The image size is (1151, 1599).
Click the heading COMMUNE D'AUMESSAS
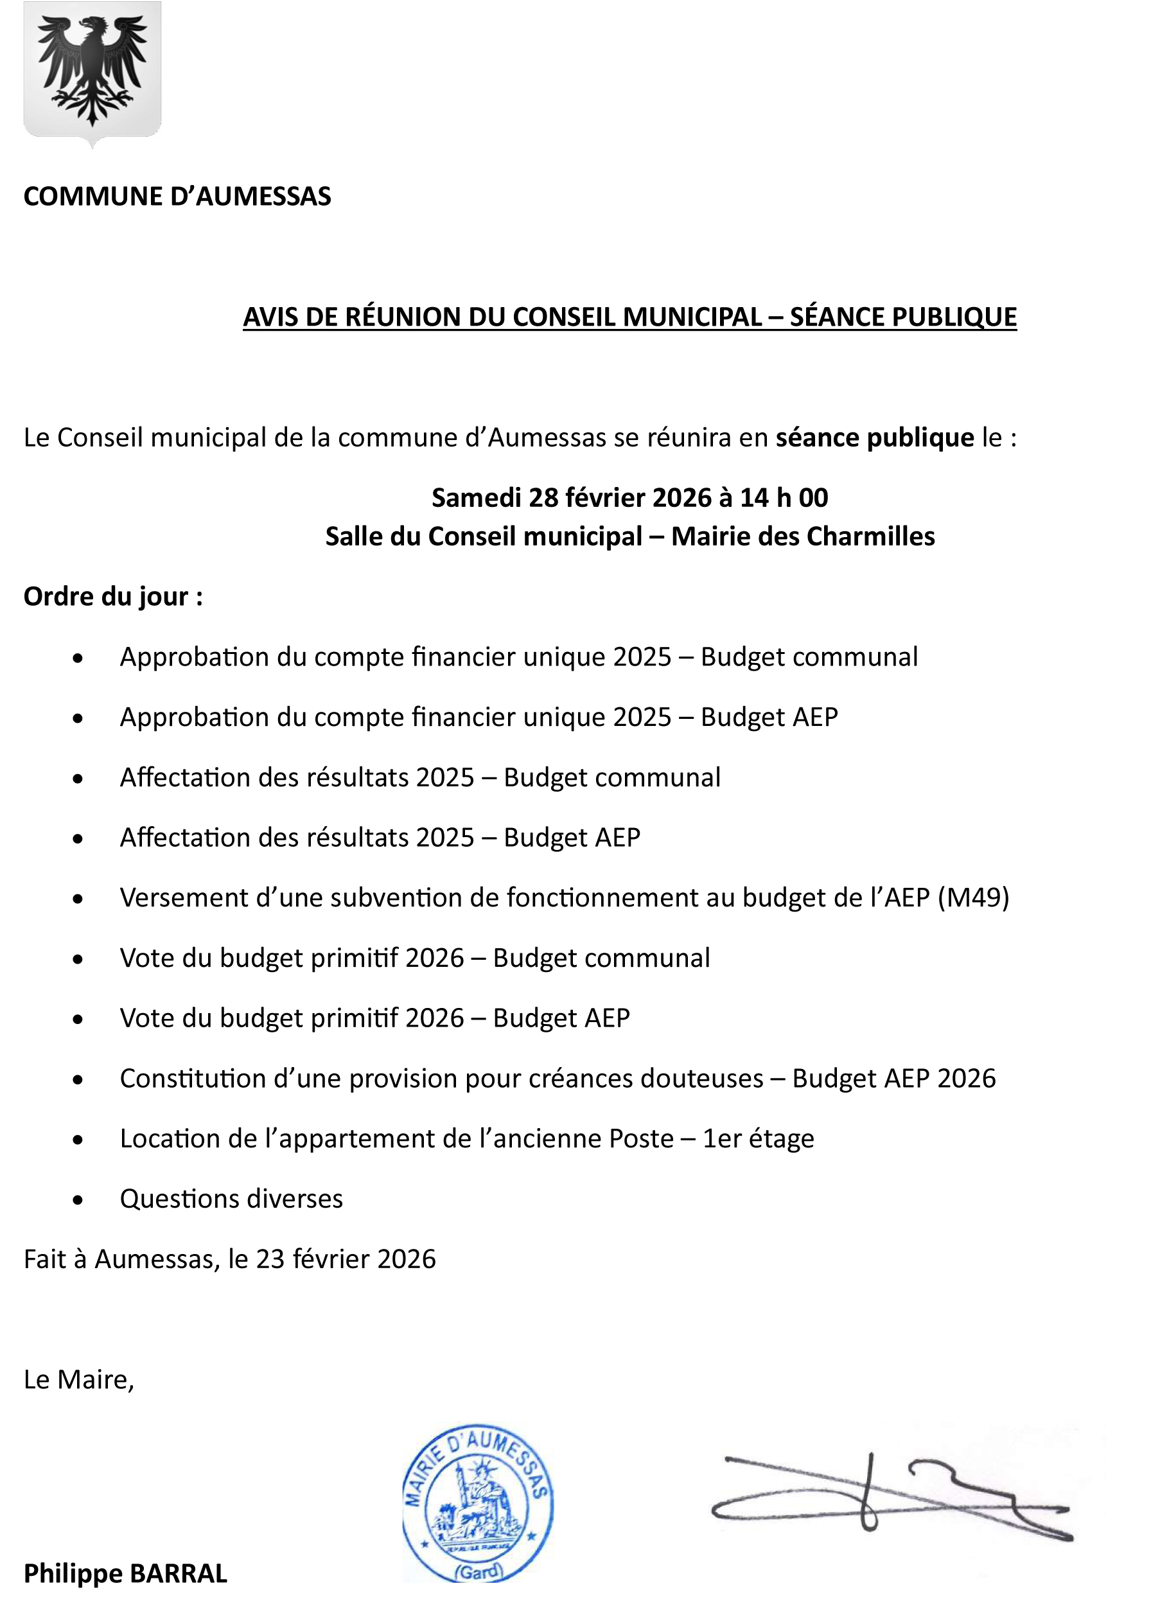coord(177,196)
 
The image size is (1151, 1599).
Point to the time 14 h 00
coord(784,498)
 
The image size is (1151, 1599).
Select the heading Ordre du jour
coord(113,596)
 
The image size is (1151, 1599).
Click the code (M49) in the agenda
coord(972,897)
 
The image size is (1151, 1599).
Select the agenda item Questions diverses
coord(231,1199)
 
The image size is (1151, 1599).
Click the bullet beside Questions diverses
coord(78,1200)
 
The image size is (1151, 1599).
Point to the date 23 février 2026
coord(346,1259)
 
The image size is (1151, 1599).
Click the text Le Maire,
coord(79,1379)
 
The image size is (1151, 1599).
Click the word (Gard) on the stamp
coord(479,1571)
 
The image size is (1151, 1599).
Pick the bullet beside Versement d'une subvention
coord(78,899)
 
